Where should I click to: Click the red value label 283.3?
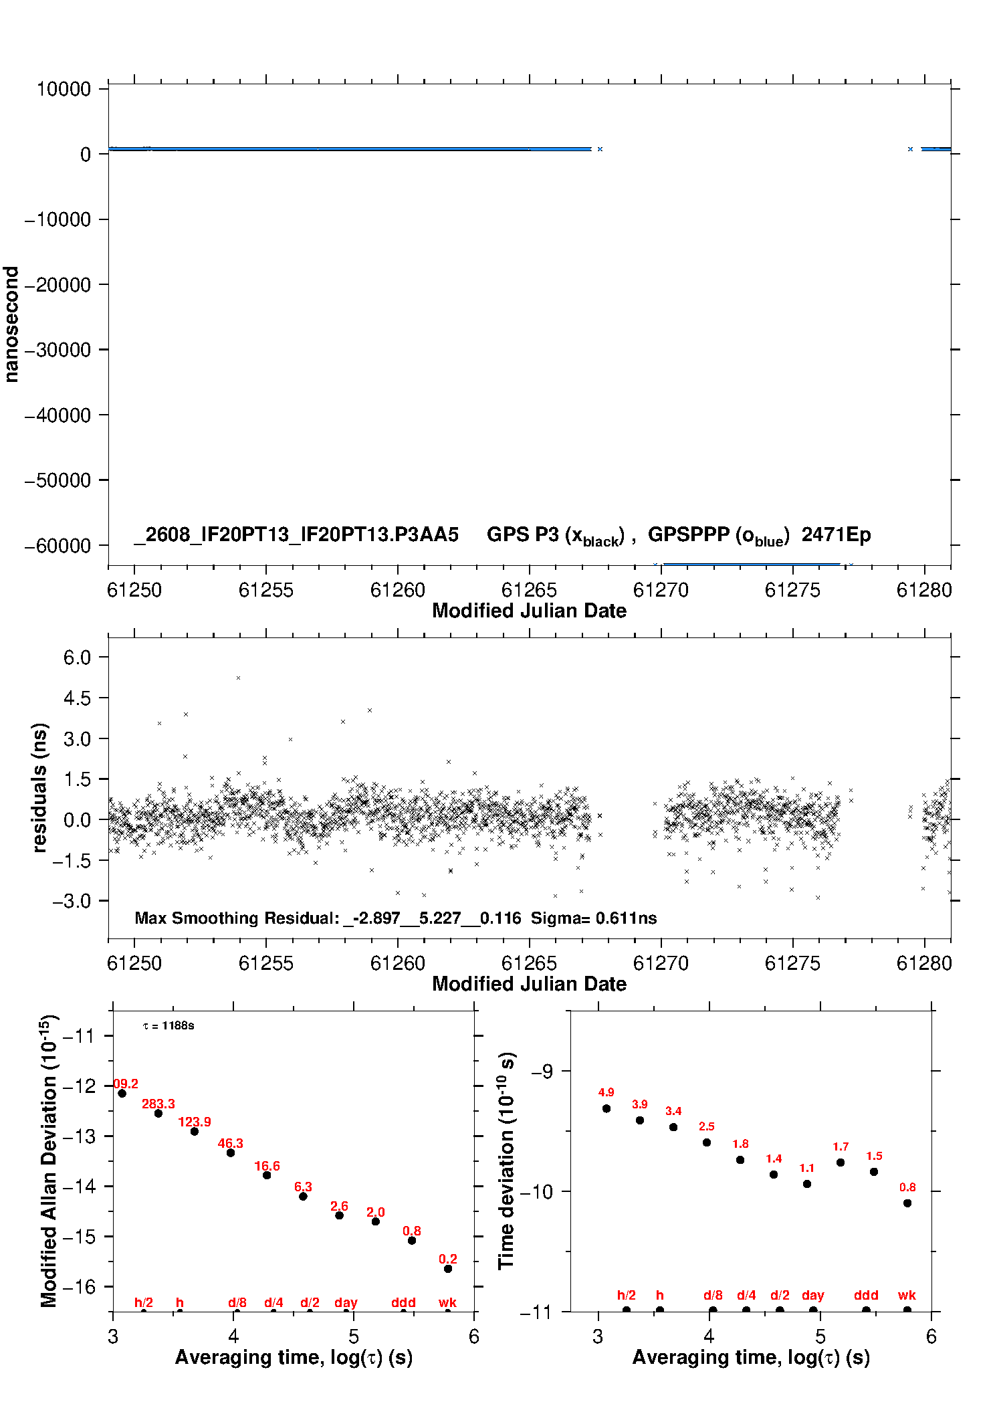pos(158,1104)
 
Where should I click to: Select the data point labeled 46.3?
pos(231,1152)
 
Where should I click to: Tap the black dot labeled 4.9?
pos(606,1108)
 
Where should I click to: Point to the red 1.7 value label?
pos(841,1146)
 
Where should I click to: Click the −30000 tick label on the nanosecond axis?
pos(58,350)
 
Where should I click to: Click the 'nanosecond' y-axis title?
pos(11,324)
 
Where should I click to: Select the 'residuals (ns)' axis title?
pos(39,787)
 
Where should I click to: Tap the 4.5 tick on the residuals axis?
pos(77,698)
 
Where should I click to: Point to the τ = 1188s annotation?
pos(169,1025)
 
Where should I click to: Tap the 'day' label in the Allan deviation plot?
pos(346,1302)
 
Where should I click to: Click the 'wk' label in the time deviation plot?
pos(907,1295)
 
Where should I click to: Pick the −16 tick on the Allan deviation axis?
pos(79,1286)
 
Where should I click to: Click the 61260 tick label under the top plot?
pos(398,590)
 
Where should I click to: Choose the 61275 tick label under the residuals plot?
pos(792,963)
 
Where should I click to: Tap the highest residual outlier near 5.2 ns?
pos(238,678)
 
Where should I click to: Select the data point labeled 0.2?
pos(448,1269)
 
